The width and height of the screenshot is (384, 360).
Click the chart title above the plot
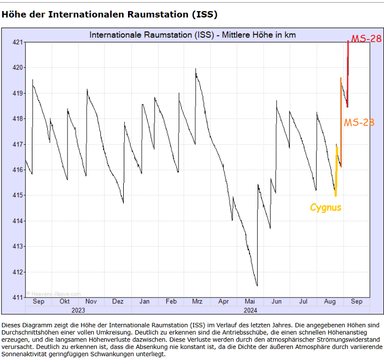point(192,35)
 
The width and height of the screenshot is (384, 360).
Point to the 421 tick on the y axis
point(17,42)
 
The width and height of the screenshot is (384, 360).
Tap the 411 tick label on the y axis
point(17,297)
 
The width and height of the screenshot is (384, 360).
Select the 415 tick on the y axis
point(17,195)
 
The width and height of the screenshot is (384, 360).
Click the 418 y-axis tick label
point(17,118)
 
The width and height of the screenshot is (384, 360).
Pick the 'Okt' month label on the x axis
point(64,301)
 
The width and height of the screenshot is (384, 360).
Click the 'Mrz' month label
point(197,301)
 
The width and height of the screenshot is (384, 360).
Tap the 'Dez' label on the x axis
point(117,301)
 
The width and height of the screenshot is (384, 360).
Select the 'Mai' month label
point(250,301)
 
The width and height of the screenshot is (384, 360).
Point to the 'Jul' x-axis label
point(303,301)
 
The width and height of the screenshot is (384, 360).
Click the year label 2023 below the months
point(78,310)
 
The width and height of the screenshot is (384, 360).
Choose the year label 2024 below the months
point(250,310)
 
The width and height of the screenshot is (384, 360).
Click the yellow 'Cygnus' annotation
point(326,208)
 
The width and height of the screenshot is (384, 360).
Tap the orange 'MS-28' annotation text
point(359,123)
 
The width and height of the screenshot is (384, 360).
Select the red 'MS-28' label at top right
point(366,39)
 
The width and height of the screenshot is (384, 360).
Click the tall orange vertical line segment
point(341,122)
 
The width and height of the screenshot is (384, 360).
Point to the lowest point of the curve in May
point(257,286)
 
